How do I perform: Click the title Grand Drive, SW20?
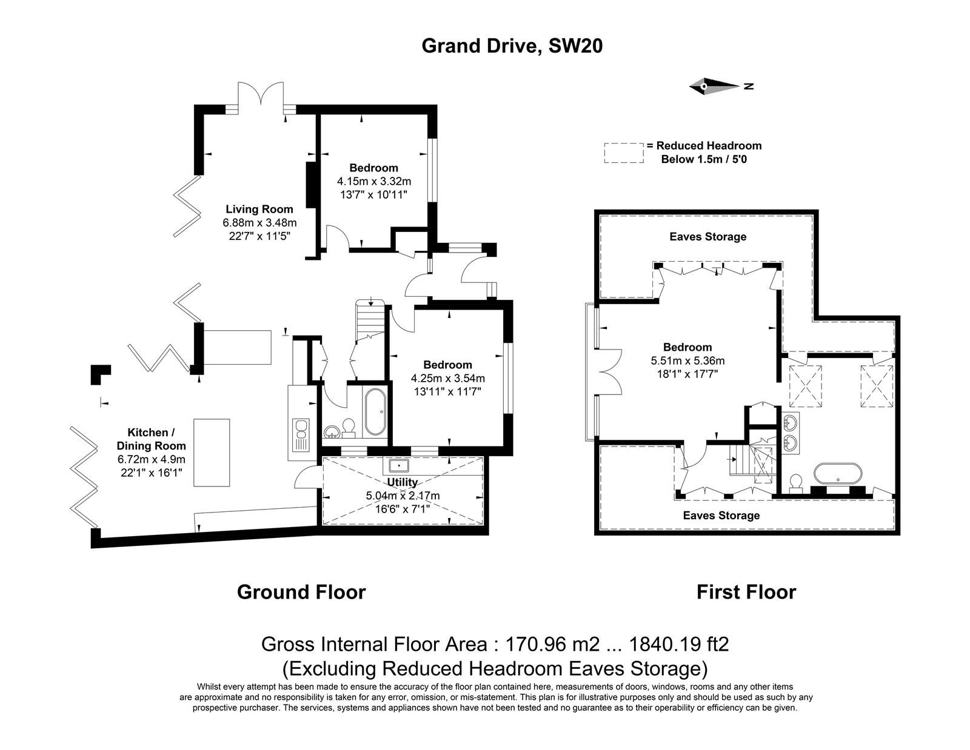[x=512, y=46]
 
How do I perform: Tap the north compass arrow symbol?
[x=720, y=86]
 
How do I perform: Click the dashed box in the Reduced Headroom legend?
[x=624, y=153]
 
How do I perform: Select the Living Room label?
[x=259, y=209]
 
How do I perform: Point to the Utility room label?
[x=402, y=482]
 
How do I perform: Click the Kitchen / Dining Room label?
[x=151, y=439]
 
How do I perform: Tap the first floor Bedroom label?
[x=687, y=347]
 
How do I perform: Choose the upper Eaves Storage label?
[x=707, y=236]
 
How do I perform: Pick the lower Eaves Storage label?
[x=721, y=516]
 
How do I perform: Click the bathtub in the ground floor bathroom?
[x=375, y=412]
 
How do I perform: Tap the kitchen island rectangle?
[x=212, y=452]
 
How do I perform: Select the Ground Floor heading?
[x=301, y=592]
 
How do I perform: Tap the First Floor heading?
[x=746, y=592]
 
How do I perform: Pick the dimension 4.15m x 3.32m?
[x=373, y=182]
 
